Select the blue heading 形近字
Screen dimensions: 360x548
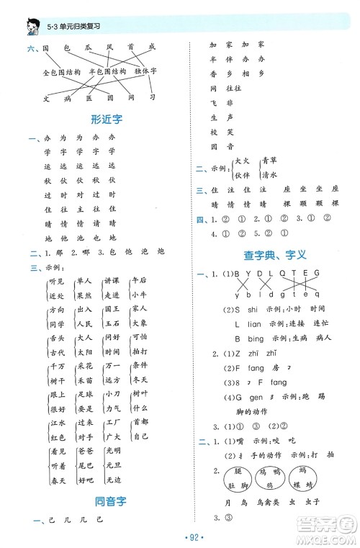pyautogui.click(x=102, y=119)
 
